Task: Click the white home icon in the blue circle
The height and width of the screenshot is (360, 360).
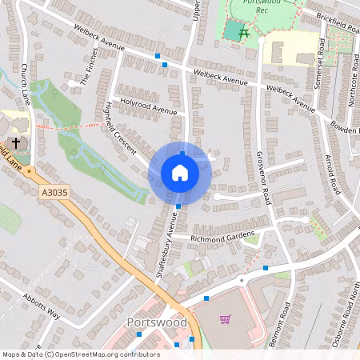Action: (179, 172)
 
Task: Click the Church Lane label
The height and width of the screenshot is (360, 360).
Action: (25, 83)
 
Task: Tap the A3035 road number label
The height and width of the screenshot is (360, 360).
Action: (51, 193)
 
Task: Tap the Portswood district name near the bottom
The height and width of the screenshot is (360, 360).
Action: (157, 322)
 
